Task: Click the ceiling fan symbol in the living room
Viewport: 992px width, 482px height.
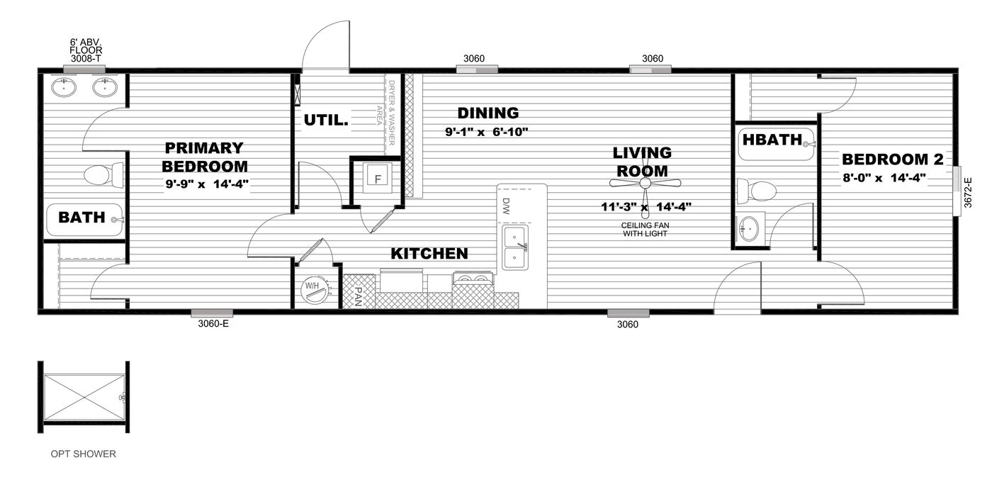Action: pos(645,184)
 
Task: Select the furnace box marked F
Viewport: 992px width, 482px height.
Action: pos(378,179)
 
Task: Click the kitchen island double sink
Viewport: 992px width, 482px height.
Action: pos(515,247)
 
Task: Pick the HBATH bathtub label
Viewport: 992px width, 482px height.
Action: pos(772,139)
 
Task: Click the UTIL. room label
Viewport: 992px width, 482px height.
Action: pos(326,120)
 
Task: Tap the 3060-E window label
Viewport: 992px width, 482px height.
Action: pos(213,325)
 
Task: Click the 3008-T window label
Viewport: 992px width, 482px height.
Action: pos(85,59)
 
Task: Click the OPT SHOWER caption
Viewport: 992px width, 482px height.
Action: pos(83,454)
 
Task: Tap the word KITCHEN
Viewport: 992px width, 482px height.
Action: pos(429,253)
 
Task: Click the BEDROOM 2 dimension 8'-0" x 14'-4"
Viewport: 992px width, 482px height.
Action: pos(884,178)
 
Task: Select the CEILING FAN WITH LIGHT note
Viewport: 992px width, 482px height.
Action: pos(646,229)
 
